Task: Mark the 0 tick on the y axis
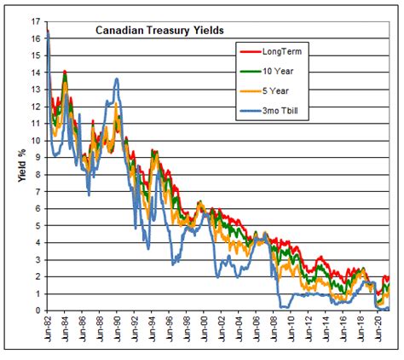click(x=38, y=311)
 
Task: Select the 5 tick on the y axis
click(x=38, y=225)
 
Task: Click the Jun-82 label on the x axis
click(x=47, y=329)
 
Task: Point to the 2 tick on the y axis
click(x=38, y=276)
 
